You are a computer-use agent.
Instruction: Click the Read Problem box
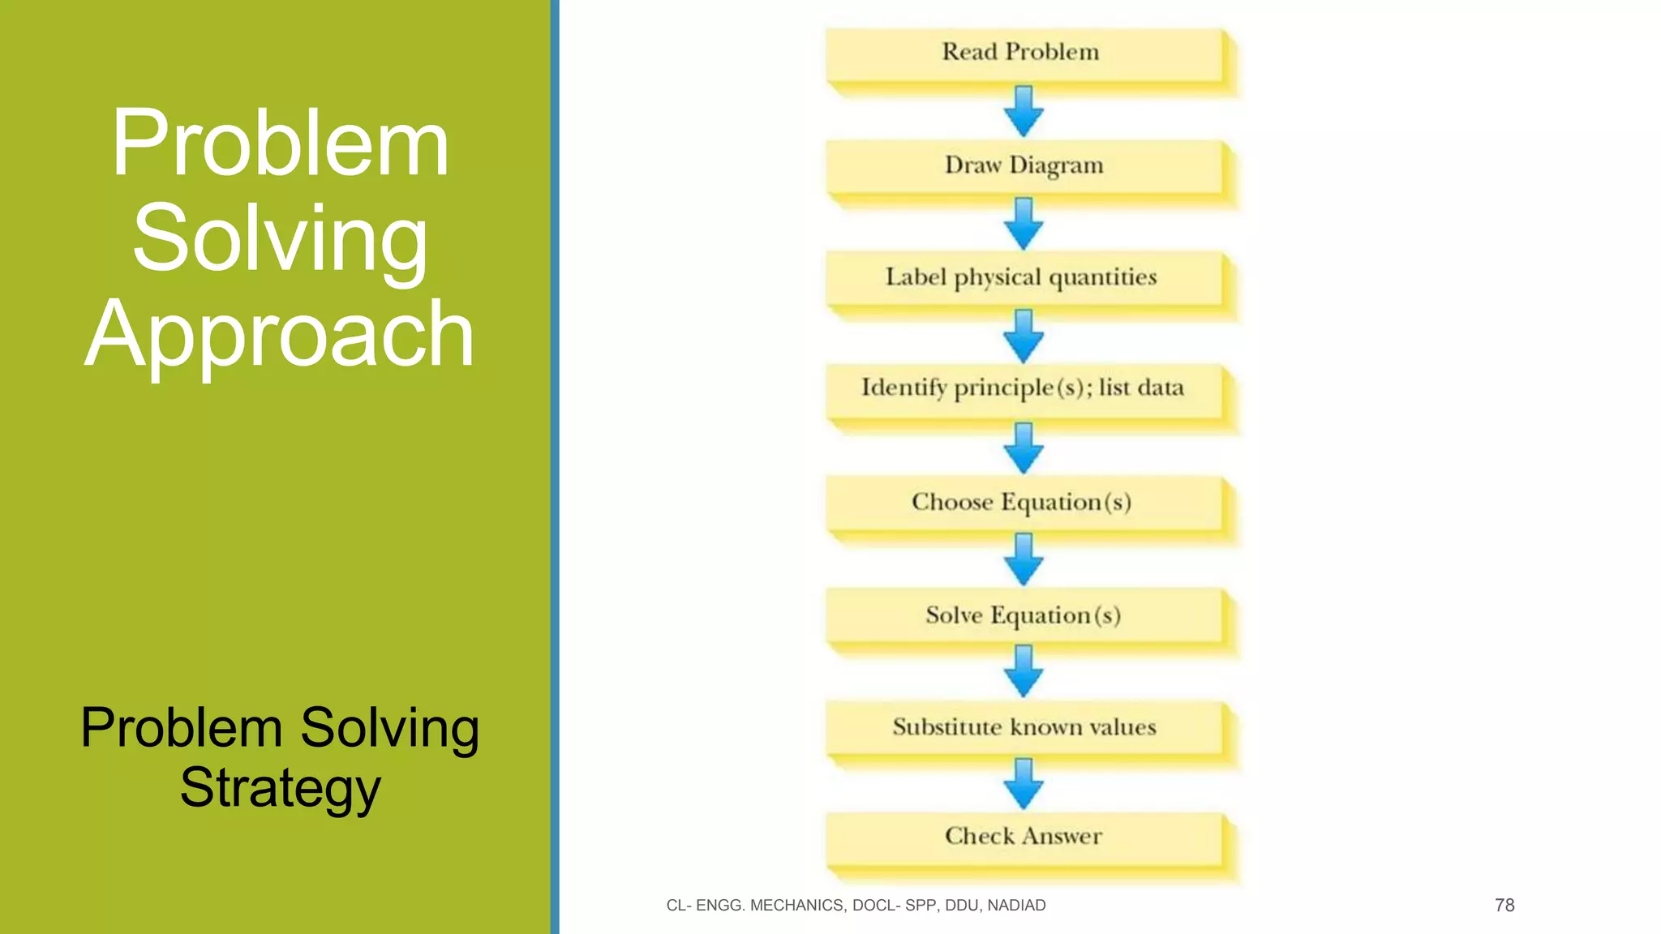point(1024,54)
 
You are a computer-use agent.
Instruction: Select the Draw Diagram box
point(1024,166)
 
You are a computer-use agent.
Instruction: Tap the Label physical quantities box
point(1024,278)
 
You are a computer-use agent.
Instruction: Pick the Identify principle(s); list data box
point(1024,389)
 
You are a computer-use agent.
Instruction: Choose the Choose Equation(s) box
point(1024,503)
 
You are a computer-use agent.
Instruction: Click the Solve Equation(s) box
point(1024,615)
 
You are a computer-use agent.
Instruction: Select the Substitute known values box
point(1024,727)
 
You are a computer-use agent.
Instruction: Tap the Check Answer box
point(1024,838)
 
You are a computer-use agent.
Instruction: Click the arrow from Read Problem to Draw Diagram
point(1024,111)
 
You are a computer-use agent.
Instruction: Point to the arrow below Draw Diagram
point(1024,224)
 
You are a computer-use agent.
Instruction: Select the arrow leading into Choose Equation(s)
point(1024,448)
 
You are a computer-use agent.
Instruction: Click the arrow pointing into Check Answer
point(1024,783)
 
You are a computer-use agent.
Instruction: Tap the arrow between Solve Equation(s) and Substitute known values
point(1024,671)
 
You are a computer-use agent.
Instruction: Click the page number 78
point(1504,905)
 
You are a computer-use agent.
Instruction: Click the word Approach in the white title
point(280,334)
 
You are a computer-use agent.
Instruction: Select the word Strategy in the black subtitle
point(280,788)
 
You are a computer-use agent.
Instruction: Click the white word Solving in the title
point(280,239)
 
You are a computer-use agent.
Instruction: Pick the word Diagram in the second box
point(1056,166)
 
